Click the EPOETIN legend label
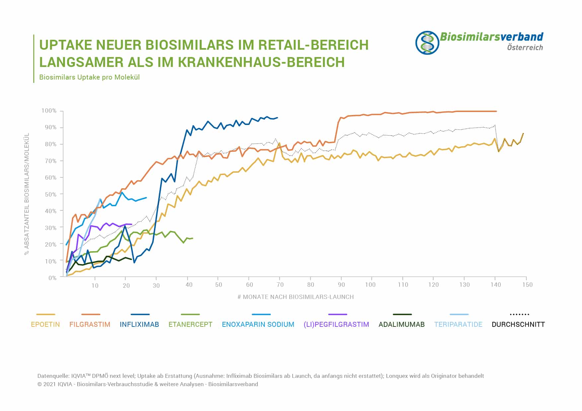click(45, 324)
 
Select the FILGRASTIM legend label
click(90, 324)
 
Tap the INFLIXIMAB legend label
click(139, 324)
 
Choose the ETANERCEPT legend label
click(190, 324)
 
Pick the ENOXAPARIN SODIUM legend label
click(258, 324)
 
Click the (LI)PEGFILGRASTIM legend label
click(336, 324)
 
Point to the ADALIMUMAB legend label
click(401, 324)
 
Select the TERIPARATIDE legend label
click(458, 324)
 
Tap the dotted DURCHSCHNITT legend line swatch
click(519, 314)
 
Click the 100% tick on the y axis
click(49, 111)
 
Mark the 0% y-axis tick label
click(52, 278)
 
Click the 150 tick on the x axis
click(527, 285)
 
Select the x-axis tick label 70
click(280, 285)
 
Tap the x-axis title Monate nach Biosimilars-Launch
click(295, 297)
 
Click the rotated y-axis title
click(27, 194)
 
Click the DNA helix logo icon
click(427, 43)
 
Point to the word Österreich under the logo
click(525, 47)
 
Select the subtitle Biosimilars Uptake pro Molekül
click(89, 77)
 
